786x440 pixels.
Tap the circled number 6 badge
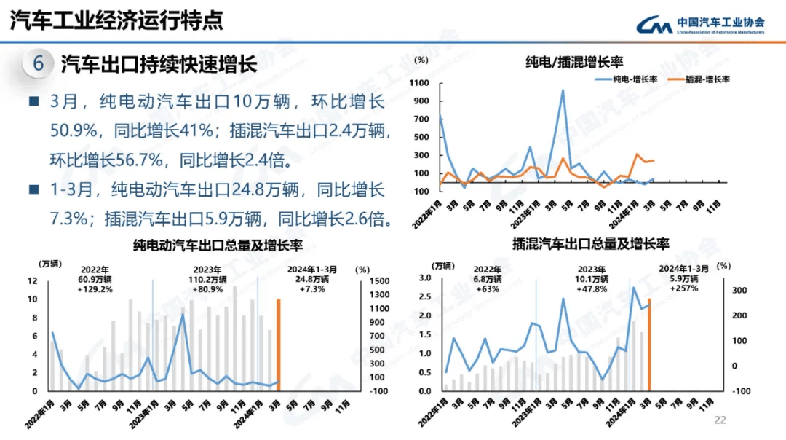tap(38, 64)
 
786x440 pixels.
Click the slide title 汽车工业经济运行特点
tap(116, 20)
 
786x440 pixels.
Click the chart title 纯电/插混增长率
tap(574, 62)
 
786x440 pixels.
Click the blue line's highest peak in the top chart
tap(563, 91)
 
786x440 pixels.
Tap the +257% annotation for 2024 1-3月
tap(683, 288)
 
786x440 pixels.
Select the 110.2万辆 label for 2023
tap(208, 279)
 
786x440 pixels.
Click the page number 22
tap(720, 420)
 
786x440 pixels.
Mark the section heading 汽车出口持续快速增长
tap(159, 64)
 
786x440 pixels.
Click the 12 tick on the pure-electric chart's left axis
tap(33, 281)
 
